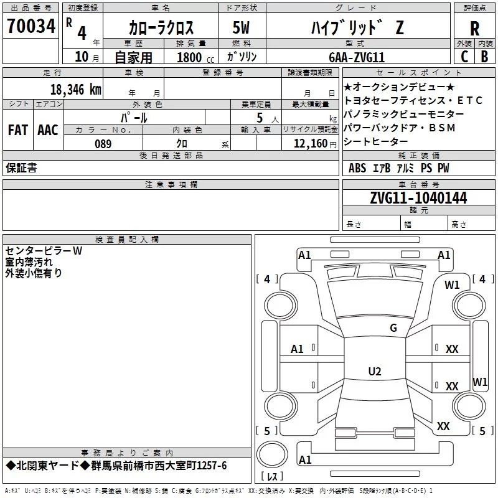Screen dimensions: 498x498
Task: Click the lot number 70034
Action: pyautogui.click(x=31, y=26)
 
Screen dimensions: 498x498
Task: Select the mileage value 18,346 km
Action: pyautogui.click(x=76, y=90)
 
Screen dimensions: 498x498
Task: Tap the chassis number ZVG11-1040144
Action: pyautogui.click(x=418, y=198)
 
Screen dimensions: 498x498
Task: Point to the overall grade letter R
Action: pyautogui.click(x=474, y=29)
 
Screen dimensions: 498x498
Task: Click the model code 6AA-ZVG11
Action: pyautogui.click(x=357, y=57)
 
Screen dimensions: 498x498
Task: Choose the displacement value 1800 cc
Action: pyautogui.click(x=195, y=57)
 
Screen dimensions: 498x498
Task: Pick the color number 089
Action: pyautogui.click(x=103, y=144)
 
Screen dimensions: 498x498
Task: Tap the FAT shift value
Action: pyautogui.click(x=18, y=130)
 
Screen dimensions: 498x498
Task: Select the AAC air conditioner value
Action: pyautogui.click(x=48, y=130)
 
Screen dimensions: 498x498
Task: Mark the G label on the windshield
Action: pyautogui.click(x=393, y=327)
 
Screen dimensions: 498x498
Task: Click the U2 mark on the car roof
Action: pyautogui.click(x=375, y=371)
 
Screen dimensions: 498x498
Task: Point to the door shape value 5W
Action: pyautogui.click(x=241, y=27)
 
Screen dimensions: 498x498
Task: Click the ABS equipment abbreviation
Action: pyautogui.click(x=357, y=168)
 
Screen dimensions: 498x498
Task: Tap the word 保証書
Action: pyautogui.click(x=21, y=168)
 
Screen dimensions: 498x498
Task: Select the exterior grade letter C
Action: pyautogui.click(x=464, y=57)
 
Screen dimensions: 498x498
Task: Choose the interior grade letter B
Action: pyautogui.click(x=484, y=57)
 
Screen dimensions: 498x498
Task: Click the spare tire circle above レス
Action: pyautogui.click(x=272, y=454)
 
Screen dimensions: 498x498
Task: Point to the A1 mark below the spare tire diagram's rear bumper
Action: pyautogui.click(x=305, y=459)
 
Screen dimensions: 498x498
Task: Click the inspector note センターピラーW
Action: pyautogui.click(x=44, y=251)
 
